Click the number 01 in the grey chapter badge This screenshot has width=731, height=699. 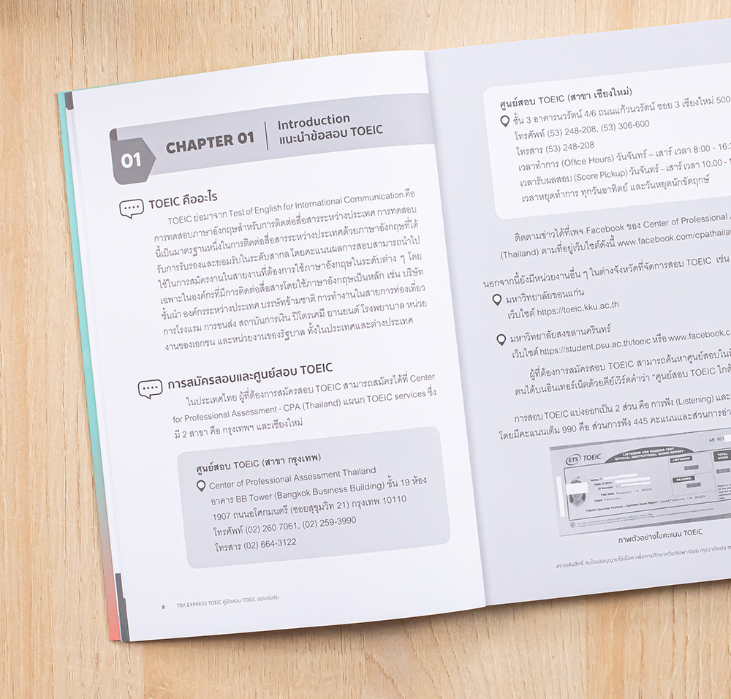132,159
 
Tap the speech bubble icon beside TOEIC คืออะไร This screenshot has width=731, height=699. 132,208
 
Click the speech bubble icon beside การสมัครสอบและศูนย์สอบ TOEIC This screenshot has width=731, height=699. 150,388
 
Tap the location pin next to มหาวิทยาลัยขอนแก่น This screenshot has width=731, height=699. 499,301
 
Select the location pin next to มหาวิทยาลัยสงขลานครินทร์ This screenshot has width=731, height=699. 501,339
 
